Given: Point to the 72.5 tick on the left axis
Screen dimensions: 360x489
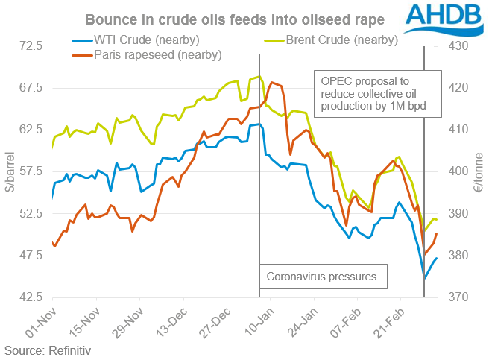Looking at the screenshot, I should (34, 46).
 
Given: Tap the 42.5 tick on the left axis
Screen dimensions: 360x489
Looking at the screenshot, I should (34, 297).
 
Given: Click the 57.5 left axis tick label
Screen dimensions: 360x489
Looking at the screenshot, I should (34, 171).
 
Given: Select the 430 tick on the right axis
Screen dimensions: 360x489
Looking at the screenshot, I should (457, 46).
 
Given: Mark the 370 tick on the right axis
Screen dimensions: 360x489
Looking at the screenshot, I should (457, 297).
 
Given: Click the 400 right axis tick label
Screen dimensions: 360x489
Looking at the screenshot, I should (457, 171).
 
